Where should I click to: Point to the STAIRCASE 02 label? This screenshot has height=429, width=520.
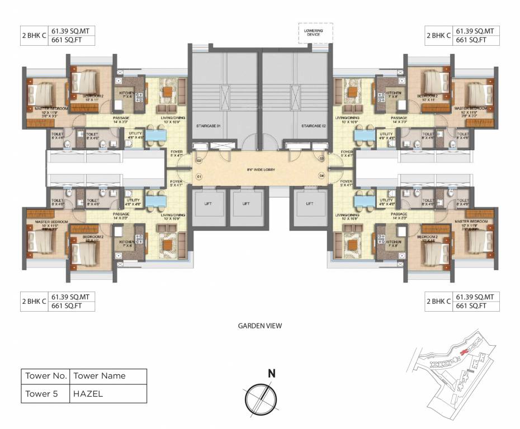310,126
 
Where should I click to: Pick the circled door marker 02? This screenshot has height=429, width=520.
198,160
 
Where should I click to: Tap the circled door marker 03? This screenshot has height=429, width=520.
322,159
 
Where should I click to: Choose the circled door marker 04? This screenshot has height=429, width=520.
322,176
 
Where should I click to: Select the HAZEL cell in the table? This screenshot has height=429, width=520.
88,393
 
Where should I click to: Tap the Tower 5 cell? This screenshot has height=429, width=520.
42,393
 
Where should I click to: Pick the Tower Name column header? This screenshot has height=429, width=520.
100,376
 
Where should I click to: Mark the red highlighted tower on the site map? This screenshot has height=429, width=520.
464,352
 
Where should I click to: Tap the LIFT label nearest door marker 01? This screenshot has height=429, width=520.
207,204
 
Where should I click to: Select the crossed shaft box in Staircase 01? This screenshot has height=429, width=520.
224,98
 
